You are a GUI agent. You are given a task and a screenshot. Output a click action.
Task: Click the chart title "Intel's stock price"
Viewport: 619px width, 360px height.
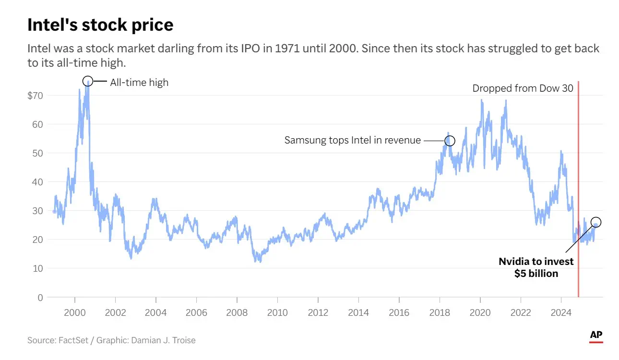pos(100,25)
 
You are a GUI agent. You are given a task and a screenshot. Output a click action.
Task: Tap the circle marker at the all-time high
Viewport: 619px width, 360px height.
pos(87,81)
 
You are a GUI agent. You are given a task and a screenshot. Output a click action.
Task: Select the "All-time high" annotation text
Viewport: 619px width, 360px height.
pos(139,83)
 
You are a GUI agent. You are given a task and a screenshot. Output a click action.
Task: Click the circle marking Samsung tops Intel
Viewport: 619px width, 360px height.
pos(450,141)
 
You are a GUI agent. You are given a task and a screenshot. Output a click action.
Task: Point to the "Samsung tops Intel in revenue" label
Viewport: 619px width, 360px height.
pos(352,141)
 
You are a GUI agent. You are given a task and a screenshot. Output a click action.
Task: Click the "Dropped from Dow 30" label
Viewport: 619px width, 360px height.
pos(523,88)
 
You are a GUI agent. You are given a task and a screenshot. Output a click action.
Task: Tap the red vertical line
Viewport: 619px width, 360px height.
pos(578,192)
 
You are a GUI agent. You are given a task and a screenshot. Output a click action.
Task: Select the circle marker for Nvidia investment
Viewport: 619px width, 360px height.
pos(596,222)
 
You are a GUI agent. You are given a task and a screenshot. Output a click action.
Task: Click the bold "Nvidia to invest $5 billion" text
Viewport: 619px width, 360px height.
pos(536,267)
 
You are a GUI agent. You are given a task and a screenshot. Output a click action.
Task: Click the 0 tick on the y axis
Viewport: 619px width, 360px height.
pos(40,298)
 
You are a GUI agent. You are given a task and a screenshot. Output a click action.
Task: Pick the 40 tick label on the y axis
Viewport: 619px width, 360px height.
pos(37,182)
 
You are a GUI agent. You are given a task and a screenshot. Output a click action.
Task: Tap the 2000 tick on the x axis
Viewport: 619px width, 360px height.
pos(75,313)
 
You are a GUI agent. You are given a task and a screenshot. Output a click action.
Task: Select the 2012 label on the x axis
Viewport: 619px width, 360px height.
pos(318,313)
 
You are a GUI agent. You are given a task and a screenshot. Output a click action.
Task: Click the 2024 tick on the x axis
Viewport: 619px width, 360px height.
pos(561,313)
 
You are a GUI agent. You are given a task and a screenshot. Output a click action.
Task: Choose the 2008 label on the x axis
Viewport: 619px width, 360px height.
pos(237,313)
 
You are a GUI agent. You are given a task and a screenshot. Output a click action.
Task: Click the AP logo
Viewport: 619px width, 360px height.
pos(596,336)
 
